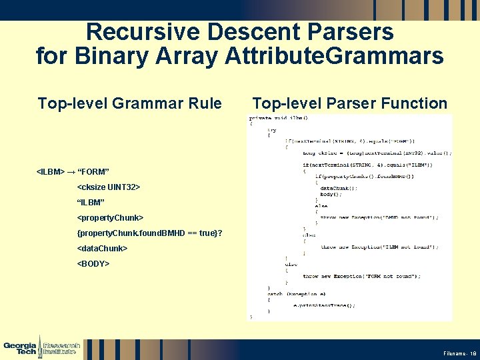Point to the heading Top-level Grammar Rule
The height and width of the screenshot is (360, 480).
(x=129, y=103)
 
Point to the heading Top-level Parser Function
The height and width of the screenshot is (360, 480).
(x=349, y=103)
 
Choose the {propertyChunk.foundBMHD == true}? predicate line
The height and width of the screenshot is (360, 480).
(x=149, y=233)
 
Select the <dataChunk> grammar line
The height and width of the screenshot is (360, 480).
(x=102, y=248)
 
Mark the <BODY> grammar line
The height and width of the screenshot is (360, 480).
(x=93, y=263)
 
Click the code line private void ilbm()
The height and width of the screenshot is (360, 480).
(x=279, y=118)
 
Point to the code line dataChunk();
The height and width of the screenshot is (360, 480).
(x=339, y=188)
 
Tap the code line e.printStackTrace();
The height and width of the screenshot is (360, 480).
(x=324, y=305)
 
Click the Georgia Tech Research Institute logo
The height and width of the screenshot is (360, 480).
(x=42, y=347)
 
